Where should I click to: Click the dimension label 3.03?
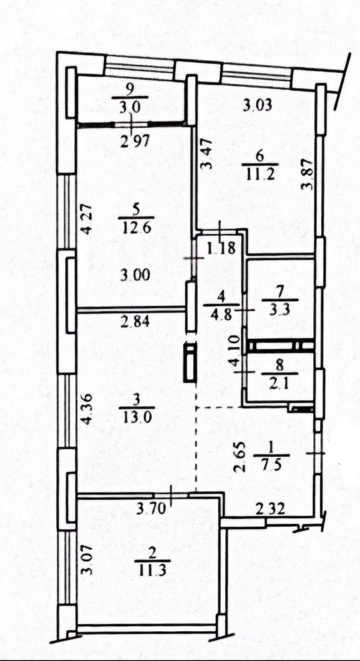pyautogui.click(x=257, y=105)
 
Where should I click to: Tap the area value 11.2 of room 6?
pyautogui.click(x=260, y=174)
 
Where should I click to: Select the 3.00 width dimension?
pyautogui.click(x=135, y=275)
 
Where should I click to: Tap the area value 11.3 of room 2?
pyautogui.click(x=152, y=570)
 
